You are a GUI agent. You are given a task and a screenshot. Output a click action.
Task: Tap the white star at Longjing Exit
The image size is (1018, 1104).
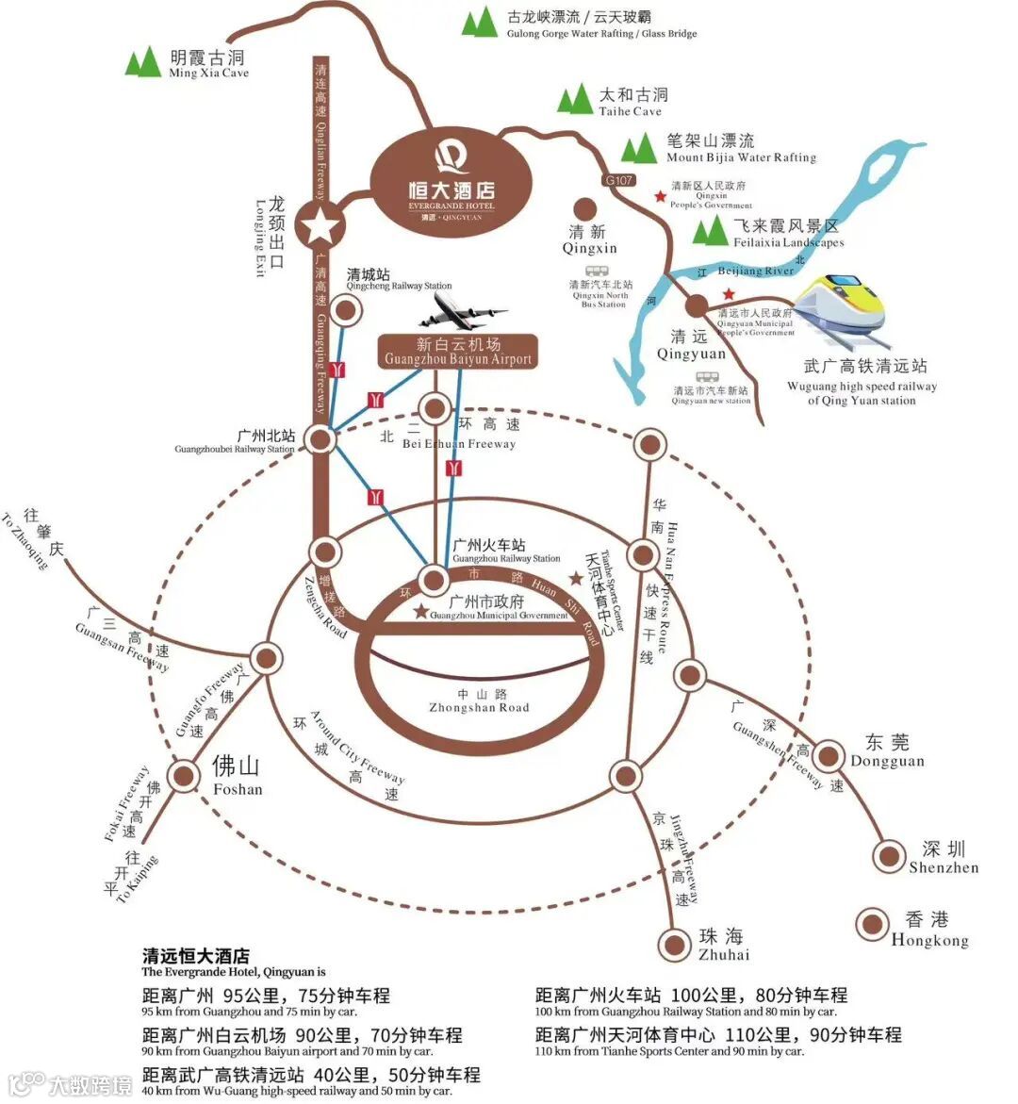point(320,226)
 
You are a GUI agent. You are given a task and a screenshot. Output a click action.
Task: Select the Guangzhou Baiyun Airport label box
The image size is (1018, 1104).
point(458,352)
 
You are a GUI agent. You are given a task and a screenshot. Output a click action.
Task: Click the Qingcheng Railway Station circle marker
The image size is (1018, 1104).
point(347,310)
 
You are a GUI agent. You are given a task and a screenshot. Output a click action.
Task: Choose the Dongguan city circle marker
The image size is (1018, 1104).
point(829,754)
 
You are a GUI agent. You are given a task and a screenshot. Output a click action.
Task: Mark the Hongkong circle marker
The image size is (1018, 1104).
point(873,924)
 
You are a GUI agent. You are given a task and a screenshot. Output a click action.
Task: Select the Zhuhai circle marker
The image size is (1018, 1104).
point(675,944)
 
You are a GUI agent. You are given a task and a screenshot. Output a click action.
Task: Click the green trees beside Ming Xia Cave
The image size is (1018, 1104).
point(143,62)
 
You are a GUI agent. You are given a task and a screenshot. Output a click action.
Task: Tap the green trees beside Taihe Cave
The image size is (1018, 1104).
point(574,100)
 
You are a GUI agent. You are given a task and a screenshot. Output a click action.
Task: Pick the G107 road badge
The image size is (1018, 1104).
point(619,180)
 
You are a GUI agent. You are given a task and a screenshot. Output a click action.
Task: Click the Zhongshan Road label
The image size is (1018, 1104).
point(479,701)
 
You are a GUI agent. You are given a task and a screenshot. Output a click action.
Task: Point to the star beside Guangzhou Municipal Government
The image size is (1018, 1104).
point(420,611)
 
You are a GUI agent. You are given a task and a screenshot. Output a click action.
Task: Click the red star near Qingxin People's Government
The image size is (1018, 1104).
point(660,196)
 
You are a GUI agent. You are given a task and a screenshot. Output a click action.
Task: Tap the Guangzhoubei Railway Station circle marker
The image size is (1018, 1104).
point(320,438)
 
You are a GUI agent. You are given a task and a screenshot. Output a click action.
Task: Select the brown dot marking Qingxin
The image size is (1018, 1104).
point(585,209)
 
